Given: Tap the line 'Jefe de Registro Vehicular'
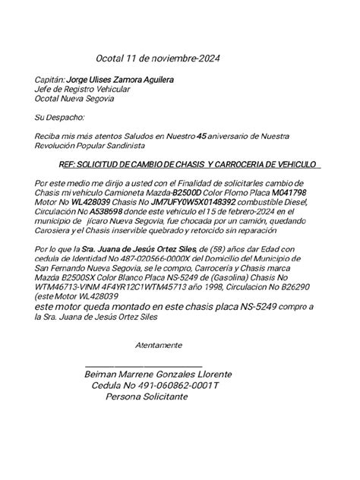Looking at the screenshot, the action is (82, 89).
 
